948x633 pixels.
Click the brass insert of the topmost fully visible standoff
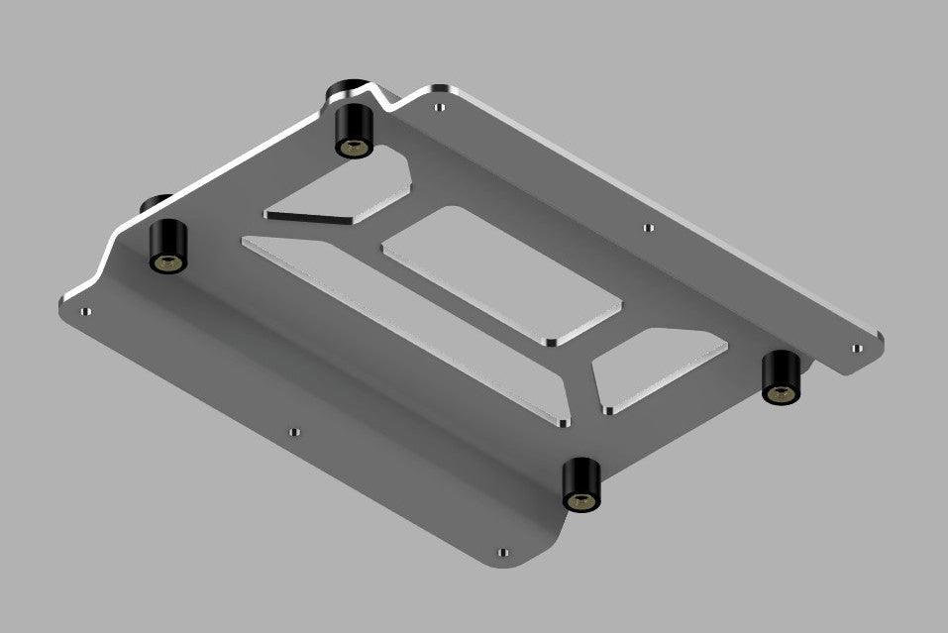(x=352, y=148)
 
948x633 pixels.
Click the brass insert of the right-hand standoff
(x=780, y=394)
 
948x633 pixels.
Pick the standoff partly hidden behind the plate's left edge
(x=153, y=203)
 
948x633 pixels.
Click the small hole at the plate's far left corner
(x=85, y=311)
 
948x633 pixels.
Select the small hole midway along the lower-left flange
(x=292, y=432)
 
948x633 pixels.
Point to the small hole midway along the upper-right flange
(x=648, y=227)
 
